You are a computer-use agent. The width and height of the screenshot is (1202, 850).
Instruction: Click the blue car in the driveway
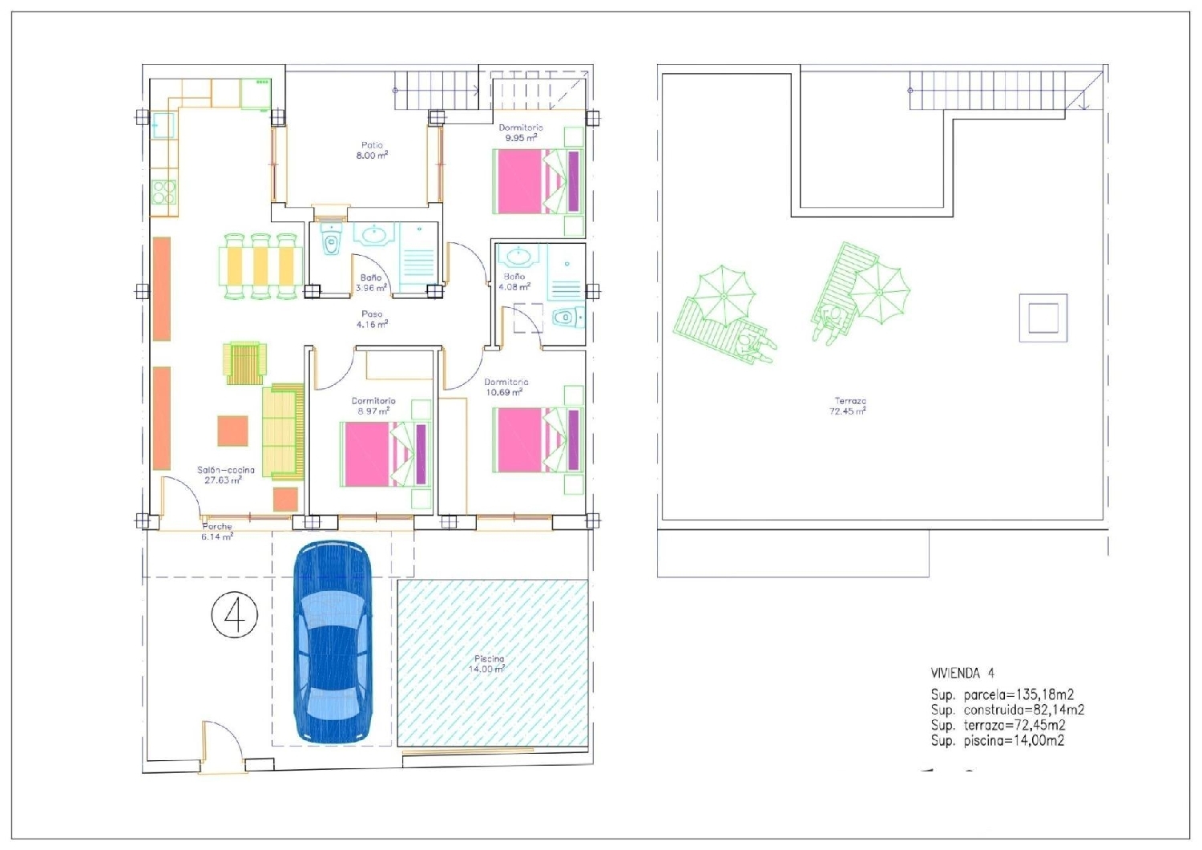(x=332, y=642)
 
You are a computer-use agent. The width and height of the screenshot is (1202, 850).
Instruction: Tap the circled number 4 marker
(x=235, y=615)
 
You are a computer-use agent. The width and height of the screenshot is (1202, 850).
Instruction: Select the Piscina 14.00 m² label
(x=488, y=663)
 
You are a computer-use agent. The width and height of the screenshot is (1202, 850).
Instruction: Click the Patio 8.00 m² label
(x=372, y=151)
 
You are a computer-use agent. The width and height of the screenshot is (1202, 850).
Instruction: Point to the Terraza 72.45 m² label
(x=849, y=406)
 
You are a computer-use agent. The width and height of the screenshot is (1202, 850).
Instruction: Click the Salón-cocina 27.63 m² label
(x=225, y=475)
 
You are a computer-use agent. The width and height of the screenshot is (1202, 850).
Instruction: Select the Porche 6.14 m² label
(x=217, y=532)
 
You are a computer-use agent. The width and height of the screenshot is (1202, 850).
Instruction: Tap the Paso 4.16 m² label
(x=372, y=319)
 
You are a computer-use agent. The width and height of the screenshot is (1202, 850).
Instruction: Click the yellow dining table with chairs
(x=260, y=265)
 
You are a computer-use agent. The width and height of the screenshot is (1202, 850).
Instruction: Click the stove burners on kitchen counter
(x=163, y=192)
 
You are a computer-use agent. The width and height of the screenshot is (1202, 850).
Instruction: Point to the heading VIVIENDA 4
(x=962, y=674)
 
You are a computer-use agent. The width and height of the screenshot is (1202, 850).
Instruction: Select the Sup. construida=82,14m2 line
(x=1007, y=710)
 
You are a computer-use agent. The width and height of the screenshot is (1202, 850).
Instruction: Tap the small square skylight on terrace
(x=1043, y=318)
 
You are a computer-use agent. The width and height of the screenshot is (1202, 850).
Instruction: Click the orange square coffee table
(x=232, y=431)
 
